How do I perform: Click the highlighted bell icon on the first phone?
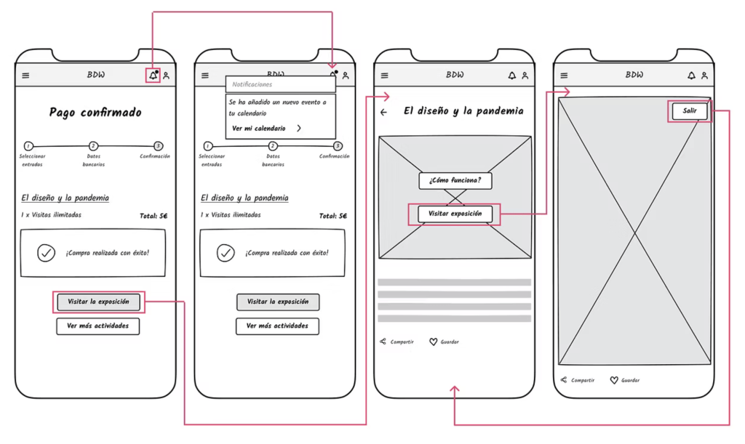click(x=153, y=75)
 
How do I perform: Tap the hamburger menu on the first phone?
click(x=25, y=76)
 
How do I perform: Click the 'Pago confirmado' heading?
click(x=95, y=113)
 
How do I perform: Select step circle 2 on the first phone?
click(x=93, y=146)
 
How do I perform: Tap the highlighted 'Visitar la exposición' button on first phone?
click(x=98, y=302)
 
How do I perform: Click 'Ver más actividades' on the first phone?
click(x=97, y=326)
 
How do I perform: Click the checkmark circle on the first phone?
click(x=47, y=253)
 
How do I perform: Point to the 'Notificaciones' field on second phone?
click(x=280, y=85)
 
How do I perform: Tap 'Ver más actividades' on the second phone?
click(x=277, y=326)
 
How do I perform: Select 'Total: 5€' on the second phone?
click(x=333, y=216)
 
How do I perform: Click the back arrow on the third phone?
click(x=384, y=113)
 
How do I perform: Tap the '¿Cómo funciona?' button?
click(x=455, y=180)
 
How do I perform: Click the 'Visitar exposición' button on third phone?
click(x=455, y=214)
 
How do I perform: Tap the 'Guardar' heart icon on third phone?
click(x=433, y=342)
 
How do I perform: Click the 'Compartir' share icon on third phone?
click(x=383, y=342)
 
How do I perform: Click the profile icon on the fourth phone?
click(x=704, y=76)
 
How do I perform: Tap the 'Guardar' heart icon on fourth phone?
click(x=613, y=380)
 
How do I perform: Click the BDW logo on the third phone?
click(x=455, y=75)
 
